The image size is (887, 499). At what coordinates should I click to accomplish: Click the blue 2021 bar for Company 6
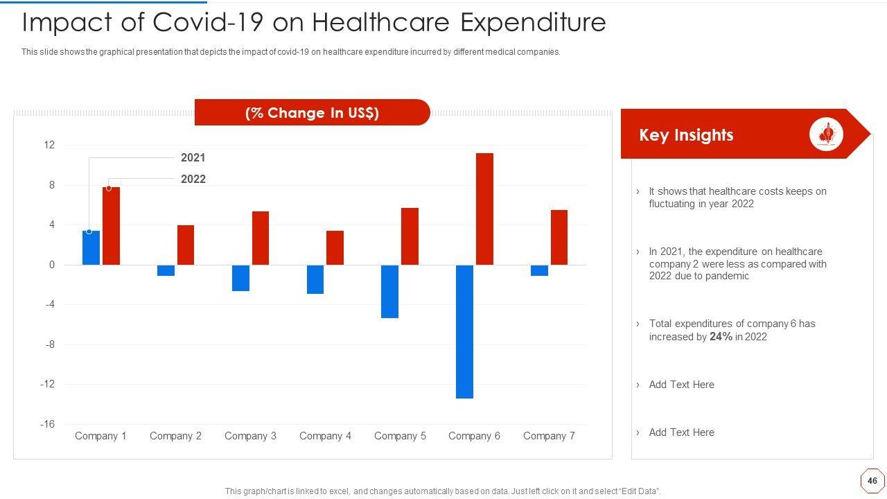(x=464, y=331)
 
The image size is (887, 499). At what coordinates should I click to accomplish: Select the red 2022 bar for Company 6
(x=484, y=209)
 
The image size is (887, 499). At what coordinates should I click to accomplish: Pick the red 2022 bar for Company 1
(x=111, y=226)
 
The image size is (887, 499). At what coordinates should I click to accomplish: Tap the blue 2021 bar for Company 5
(x=389, y=291)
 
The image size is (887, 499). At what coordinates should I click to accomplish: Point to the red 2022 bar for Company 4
(x=335, y=247)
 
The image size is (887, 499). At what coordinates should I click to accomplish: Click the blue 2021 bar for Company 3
(x=240, y=278)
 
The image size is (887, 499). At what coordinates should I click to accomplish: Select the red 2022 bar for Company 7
(x=559, y=237)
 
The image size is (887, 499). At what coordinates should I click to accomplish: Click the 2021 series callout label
(x=193, y=158)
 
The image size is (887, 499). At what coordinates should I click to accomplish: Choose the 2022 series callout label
(x=193, y=179)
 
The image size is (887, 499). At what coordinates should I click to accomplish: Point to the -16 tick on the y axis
(x=47, y=424)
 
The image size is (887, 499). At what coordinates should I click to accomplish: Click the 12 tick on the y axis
(x=49, y=145)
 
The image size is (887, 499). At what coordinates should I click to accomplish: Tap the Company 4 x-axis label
(x=325, y=436)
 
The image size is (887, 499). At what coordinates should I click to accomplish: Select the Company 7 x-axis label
(x=549, y=436)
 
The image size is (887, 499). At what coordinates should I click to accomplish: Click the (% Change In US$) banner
(x=312, y=113)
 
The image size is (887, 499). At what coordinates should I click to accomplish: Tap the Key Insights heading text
(x=686, y=135)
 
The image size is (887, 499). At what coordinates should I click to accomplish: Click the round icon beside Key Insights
(x=826, y=134)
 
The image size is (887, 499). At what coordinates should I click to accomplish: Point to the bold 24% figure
(x=721, y=337)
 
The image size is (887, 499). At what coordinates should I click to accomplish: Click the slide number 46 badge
(x=872, y=480)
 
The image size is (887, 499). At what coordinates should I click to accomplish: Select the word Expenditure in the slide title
(x=533, y=23)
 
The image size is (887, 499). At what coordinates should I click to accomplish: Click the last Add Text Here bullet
(x=681, y=432)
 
